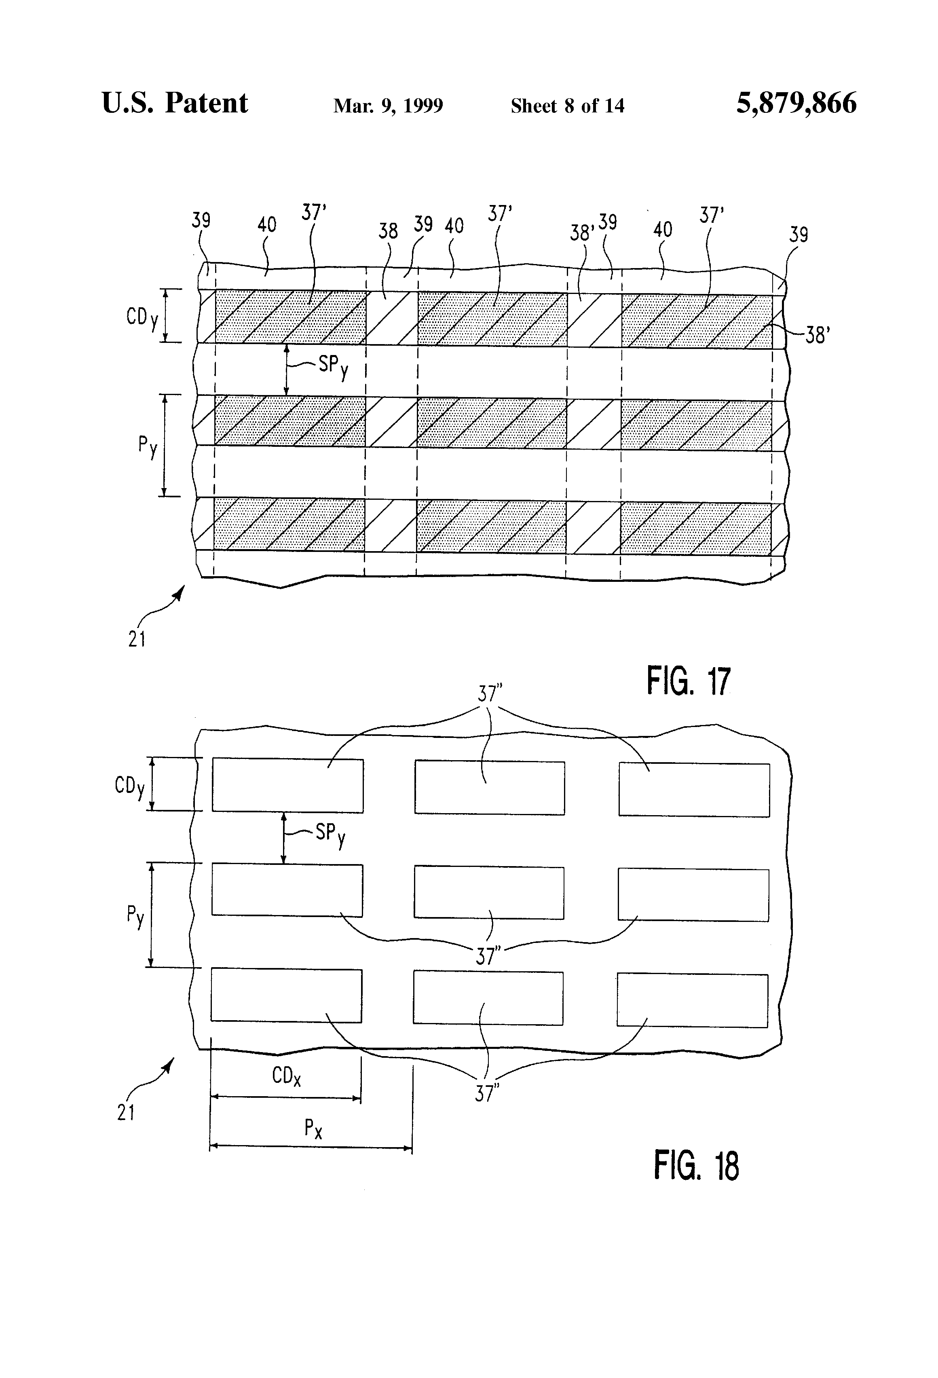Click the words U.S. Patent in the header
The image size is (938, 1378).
point(175,103)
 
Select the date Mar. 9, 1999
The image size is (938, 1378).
point(389,106)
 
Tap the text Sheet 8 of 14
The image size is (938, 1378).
point(567,106)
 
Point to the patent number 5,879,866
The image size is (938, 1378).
point(796,103)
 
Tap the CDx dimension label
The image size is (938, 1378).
point(286,1076)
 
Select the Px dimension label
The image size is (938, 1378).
point(313,1129)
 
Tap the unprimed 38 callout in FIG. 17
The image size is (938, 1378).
point(388,230)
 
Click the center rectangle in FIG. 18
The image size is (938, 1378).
point(488,893)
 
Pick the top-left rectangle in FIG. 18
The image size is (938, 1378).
point(287,785)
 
